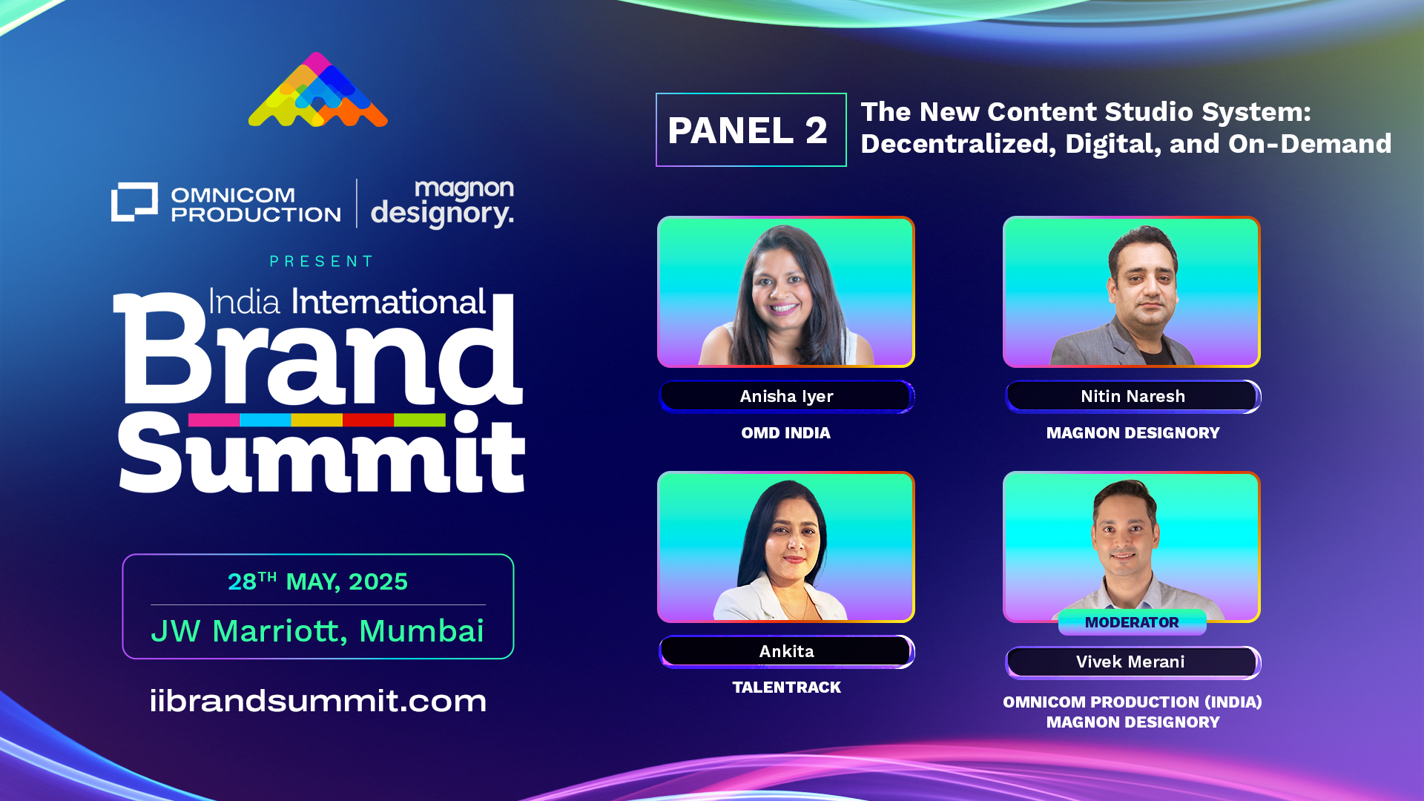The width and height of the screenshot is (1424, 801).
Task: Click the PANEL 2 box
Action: pos(751,130)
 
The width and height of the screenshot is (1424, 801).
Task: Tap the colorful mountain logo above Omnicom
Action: pos(318,90)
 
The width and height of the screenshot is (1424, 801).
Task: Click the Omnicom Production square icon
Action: pos(134,202)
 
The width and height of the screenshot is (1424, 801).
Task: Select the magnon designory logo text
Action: pos(442,203)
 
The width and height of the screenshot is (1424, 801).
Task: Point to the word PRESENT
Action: pos(321,261)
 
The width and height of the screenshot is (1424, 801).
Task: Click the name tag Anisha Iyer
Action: pos(786,397)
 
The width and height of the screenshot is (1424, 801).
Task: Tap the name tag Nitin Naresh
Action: pos(1133,397)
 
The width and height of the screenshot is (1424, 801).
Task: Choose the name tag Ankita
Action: pos(786,652)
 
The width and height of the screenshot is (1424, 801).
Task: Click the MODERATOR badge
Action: pos(1132,622)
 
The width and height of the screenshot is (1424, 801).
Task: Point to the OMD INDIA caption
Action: pos(785,433)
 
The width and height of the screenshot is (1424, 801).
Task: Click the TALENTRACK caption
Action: pos(786,688)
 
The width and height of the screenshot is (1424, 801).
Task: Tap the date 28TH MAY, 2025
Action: pos(317,581)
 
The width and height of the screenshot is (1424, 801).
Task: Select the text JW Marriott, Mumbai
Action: pos(317,631)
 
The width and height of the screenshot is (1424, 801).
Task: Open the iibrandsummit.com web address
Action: pos(318,701)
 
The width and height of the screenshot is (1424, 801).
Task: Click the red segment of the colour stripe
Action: pos(368,420)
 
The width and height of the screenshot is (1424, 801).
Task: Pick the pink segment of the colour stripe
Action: pos(214,420)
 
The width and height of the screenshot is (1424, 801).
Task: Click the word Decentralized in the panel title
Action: pos(958,144)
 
